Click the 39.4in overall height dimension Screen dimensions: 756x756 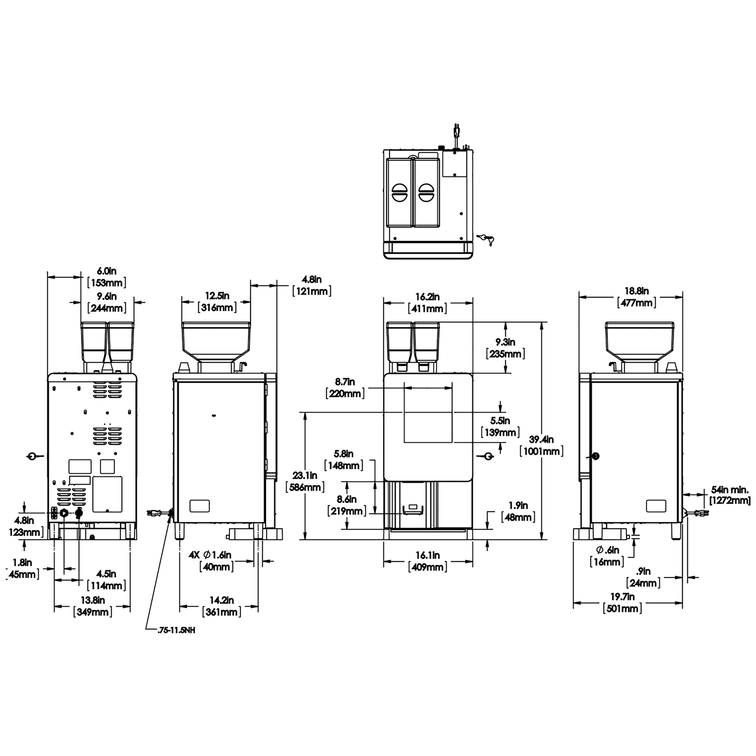point(542,445)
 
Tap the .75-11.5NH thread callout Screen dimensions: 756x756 point(175,631)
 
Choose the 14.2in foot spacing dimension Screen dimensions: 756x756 point(221,606)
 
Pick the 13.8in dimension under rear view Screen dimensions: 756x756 point(93,606)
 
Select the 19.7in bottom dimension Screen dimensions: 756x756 point(623,603)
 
